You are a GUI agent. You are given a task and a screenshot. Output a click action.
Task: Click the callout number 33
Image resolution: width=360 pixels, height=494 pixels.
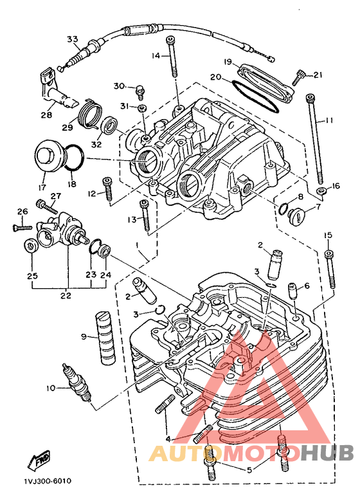pos(71,39)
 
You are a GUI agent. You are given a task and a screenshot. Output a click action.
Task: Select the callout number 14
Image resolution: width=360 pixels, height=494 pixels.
pos(156,56)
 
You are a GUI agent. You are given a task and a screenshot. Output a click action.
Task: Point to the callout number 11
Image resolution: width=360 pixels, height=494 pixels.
pos(328,121)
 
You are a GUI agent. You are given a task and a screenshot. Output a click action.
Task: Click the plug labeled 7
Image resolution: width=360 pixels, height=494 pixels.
pos(296,215)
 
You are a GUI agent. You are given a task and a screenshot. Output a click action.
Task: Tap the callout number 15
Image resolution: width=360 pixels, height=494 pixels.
pos(328,234)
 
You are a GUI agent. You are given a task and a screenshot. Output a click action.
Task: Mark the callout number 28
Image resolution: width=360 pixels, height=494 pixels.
pos(46,116)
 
